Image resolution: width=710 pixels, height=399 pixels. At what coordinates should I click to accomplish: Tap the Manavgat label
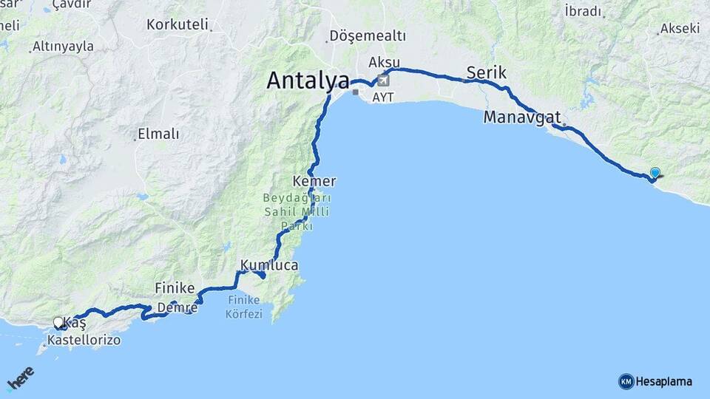point(522,117)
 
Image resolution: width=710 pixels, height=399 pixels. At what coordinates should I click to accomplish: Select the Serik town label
point(487,72)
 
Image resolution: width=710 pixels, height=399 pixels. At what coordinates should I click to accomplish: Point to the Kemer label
point(314,181)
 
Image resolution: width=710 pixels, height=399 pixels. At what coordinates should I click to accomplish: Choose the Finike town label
point(175,287)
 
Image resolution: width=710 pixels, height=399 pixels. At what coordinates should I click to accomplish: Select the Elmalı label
point(158,134)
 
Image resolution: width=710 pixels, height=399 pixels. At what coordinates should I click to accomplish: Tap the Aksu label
point(384,61)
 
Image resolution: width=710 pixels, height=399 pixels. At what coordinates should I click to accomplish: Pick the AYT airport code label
point(384,97)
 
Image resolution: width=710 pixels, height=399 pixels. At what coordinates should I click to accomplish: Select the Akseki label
point(680,29)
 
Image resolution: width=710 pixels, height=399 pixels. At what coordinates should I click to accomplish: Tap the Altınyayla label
point(63,47)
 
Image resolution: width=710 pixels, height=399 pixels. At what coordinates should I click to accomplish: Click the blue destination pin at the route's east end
point(655,173)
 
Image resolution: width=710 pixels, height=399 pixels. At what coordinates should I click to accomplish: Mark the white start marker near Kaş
point(58,322)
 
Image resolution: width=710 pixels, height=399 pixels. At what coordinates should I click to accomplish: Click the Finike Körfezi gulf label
point(245,307)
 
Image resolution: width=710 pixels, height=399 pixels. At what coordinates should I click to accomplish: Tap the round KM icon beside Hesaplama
point(626,381)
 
